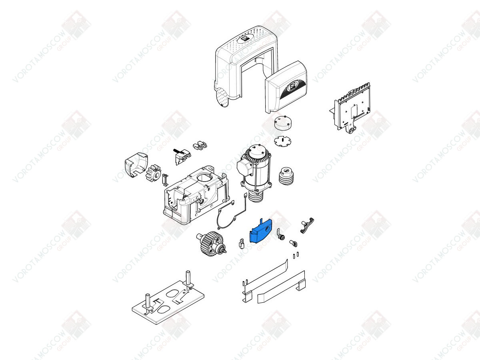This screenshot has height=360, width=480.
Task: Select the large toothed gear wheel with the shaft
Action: point(211,244)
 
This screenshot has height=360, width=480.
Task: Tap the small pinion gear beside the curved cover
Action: point(153,173)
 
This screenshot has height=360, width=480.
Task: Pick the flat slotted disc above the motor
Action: point(283,142)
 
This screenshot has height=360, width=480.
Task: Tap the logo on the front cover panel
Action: point(292,86)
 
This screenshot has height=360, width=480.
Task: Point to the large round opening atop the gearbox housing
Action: point(204,177)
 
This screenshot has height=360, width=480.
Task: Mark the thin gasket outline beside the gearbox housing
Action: point(226,215)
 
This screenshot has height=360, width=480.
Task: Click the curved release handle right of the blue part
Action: point(307,225)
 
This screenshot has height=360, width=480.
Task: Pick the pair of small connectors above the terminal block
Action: point(200,145)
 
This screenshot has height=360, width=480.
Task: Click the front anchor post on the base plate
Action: point(148,303)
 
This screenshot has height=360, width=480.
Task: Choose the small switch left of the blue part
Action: point(241,244)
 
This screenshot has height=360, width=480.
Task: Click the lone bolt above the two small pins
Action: point(293,243)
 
